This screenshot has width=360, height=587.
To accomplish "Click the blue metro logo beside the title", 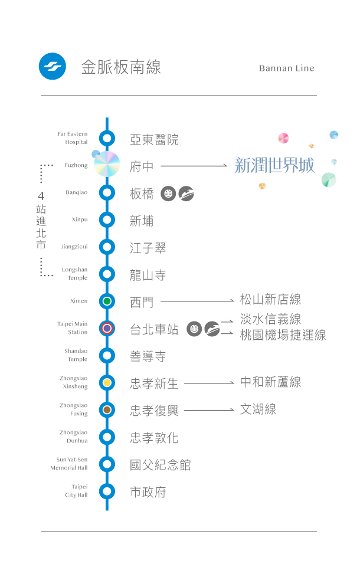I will (52, 67).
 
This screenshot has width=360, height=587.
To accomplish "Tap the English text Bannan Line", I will (286, 68).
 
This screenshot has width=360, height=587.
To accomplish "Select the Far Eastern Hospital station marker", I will (107, 139).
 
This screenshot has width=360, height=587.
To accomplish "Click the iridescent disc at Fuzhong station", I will (107, 164).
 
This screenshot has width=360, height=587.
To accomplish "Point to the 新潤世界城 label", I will (274, 165).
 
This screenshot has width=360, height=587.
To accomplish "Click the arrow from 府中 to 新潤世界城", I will (194, 166).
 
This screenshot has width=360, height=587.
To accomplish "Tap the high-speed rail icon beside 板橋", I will (186, 194).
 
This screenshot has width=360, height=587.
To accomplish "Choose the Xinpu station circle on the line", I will (107, 219).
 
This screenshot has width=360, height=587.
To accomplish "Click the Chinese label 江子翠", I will (148, 248).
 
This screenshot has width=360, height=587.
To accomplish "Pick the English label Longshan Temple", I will (74, 274).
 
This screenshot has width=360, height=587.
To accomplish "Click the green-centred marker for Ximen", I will (107, 301).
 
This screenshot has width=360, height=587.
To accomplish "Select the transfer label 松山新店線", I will (270, 300).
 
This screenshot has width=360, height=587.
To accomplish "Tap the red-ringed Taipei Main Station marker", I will (107, 329).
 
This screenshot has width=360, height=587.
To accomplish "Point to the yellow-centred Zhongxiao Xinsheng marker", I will (107, 382).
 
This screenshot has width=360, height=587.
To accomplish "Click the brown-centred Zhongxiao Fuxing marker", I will (107, 409).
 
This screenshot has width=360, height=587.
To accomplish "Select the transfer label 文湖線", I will (258, 409).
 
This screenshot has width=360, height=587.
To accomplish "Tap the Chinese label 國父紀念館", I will (161, 465).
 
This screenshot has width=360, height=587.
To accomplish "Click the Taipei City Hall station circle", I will (107, 491).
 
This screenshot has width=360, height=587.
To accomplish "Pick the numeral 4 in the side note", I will (41, 196).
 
